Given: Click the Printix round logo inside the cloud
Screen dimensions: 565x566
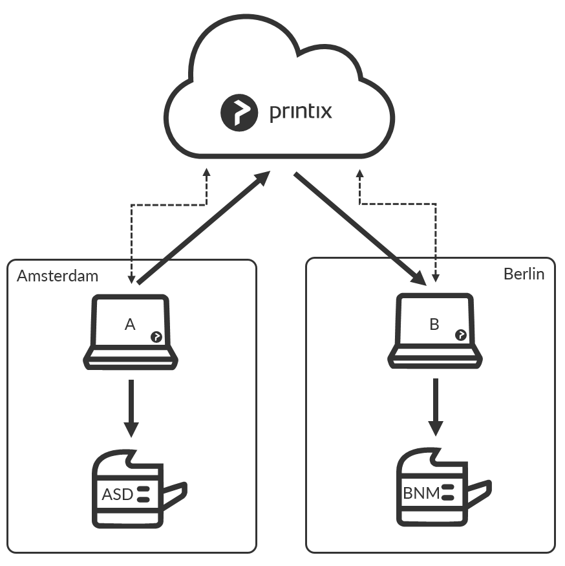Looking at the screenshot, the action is [x=239, y=113].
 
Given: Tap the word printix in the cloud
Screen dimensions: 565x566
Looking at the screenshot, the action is [x=301, y=111].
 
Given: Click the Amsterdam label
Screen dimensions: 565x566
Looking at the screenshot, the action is [x=58, y=276].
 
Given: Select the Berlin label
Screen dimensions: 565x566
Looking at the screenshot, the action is [x=524, y=274].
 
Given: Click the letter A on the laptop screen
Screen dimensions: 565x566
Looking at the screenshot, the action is [x=130, y=324].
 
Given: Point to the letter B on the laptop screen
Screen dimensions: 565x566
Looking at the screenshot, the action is [x=434, y=324].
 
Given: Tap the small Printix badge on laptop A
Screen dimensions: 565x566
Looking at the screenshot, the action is [x=156, y=337].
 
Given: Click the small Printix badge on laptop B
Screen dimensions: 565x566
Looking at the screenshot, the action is [x=461, y=335].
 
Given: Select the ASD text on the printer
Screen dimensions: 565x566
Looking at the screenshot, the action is [x=118, y=495].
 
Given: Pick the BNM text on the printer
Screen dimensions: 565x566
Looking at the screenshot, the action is [x=421, y=493].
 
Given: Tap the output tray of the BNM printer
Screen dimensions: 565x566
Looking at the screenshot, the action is [x=480, y=492].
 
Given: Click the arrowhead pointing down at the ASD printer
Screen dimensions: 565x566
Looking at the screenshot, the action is [x=131, y=430].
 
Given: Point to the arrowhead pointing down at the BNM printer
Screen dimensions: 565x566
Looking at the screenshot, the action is [x=436, y=428].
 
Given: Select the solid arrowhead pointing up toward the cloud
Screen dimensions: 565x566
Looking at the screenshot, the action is [x=262, y=179].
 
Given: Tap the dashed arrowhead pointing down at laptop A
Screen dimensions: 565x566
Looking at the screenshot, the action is [x=131, y=280].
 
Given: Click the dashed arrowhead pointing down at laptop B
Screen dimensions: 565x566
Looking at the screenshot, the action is [x=436, y=278].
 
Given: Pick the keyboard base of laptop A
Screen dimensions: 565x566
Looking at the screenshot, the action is [x=131, y=360].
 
